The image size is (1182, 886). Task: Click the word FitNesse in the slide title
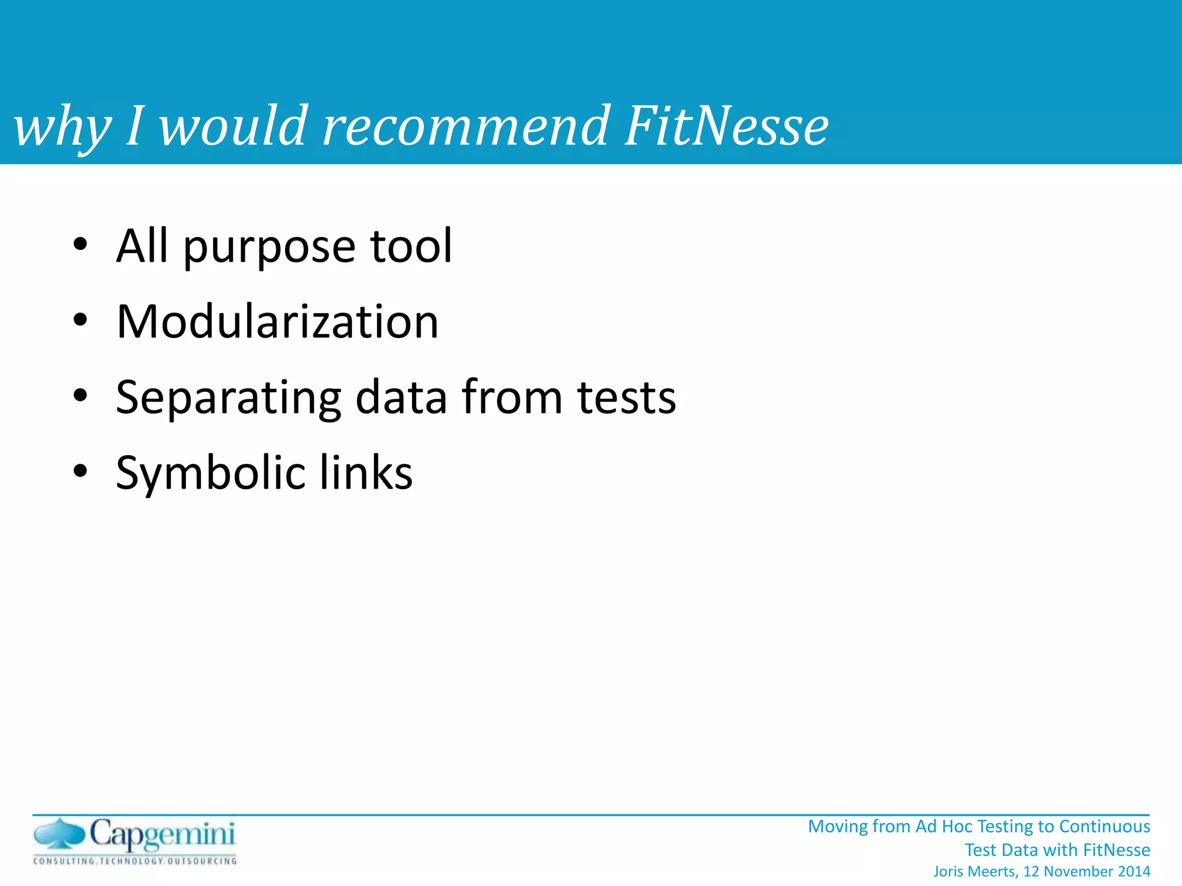[x=726, y=126]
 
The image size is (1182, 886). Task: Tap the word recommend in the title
[x=465, y=126]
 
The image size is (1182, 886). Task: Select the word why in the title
[x=62, y=128]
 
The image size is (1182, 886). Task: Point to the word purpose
[x=268, y=248]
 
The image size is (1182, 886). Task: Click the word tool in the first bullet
[x=411, y=246]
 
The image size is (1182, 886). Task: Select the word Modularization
[x=277, y=321]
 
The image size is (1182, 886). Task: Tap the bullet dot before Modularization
[x=80, y=321]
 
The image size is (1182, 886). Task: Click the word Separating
[x=229, y=399]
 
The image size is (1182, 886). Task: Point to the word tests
[x=626, y=397]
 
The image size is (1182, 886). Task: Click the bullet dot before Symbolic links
[x=80, y=471]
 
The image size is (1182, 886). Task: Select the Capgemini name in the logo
[x=162, y=835]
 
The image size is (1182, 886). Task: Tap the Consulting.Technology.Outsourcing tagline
[x=135, y=861]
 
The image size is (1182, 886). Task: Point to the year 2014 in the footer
[x=1134, y=872]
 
